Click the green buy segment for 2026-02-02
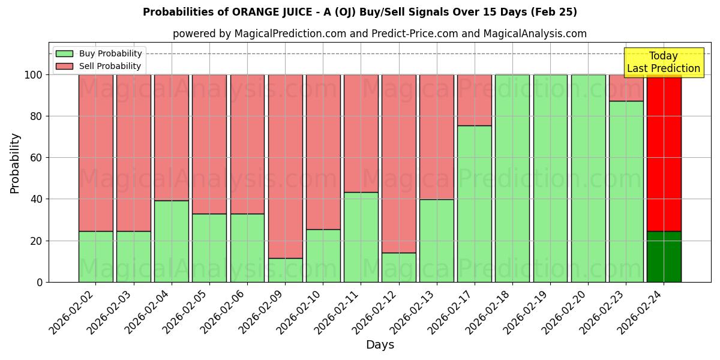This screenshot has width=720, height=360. click(x=95, y=256)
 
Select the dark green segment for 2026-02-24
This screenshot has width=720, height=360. click(x=664, y=256)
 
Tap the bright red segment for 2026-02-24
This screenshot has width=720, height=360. click(x=664, y=153)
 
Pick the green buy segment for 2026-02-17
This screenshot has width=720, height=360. click(x=474, y=204)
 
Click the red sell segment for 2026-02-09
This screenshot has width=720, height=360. click(x=285, y=166)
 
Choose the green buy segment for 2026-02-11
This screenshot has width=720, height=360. click(x=361, y=237)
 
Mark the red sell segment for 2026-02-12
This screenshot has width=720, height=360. click(x=398, y=163)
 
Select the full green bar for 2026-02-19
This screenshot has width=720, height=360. click(x=550, y=178)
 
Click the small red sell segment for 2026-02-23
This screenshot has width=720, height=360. click(x=626, y=88)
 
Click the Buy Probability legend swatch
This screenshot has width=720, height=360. click(x=64, y=53)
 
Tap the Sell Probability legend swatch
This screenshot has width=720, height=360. click(x=64, y=66)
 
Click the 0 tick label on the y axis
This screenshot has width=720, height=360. click(x=40, y=282)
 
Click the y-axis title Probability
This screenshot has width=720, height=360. click(x=15, y=163)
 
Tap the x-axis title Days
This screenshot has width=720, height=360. click(x=380, y=345)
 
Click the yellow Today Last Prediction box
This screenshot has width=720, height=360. click(x=664, y=62)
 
